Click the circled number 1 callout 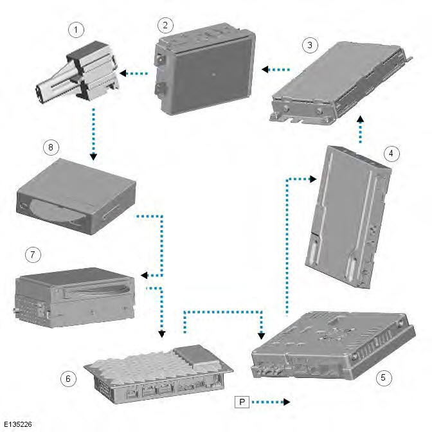pos(77,30)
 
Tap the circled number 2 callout pos(166,25)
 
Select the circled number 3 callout pos(310,45)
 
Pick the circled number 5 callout pos(384,377)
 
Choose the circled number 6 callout pos(69,379)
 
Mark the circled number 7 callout pos(30,255)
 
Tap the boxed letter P pos(242,402)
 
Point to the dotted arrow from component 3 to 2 pos(275,69)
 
